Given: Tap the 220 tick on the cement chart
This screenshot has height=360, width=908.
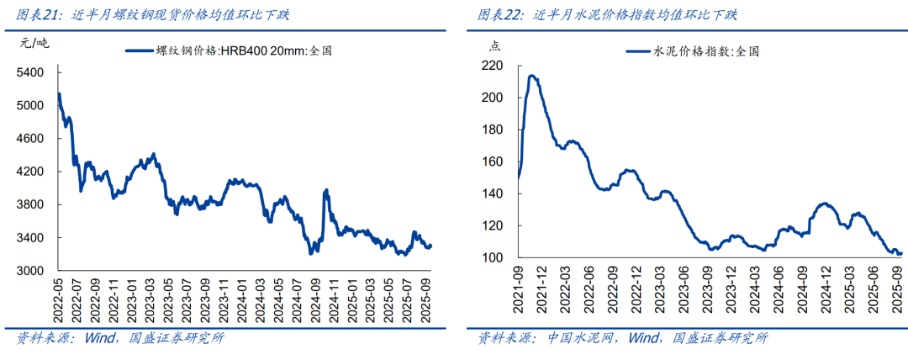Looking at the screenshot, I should tap(493, 66).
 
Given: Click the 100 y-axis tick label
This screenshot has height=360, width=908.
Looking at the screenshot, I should tap(493, 258).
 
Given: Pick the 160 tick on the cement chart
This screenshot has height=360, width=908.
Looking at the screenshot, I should tap(493, 162).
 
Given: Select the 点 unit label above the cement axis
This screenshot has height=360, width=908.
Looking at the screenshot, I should tap(494, 45).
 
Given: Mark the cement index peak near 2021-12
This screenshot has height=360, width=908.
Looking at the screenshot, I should tap(531, 77).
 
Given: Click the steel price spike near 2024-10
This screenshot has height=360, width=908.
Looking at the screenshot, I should tap(325, 191).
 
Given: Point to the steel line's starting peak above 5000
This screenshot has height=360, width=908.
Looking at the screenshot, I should tap(59, 93).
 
